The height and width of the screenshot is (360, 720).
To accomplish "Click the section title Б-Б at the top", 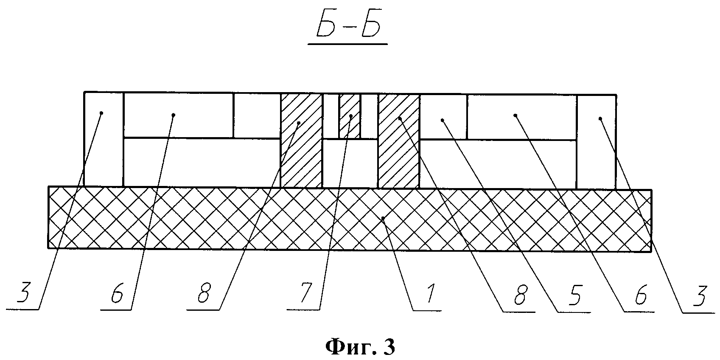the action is tap(347, 29).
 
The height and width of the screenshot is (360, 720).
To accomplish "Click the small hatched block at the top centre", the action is tap(350, 115).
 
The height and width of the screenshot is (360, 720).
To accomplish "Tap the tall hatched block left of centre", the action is tap(301, 140).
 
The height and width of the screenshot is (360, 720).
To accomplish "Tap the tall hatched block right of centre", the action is tap(398, 140).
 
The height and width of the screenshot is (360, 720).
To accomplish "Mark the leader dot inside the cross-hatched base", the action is tap(383, 218).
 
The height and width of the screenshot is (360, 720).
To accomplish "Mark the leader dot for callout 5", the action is tap(442, 121).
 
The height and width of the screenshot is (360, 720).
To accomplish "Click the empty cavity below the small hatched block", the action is tap(350, 163).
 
